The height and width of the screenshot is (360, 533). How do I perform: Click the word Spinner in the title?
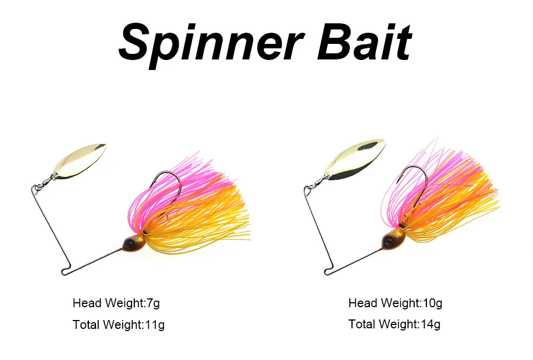pos(211,45)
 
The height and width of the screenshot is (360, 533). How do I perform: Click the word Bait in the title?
pos(364,42)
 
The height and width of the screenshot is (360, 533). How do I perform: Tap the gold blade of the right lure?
pos(355,158)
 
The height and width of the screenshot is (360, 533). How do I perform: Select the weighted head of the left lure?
pos(134,243)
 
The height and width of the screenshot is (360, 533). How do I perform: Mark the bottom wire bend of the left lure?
pos(64,271)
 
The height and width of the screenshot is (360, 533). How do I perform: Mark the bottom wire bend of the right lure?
pos(328,271)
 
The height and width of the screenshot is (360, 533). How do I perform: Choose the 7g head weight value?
pos(153,303)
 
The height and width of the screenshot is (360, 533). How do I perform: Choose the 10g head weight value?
pos(433,303)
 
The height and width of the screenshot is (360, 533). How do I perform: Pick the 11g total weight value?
pos(155,325)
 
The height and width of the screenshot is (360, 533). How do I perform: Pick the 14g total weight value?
pos(430,324)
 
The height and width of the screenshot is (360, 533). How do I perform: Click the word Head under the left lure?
pos(87,303)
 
